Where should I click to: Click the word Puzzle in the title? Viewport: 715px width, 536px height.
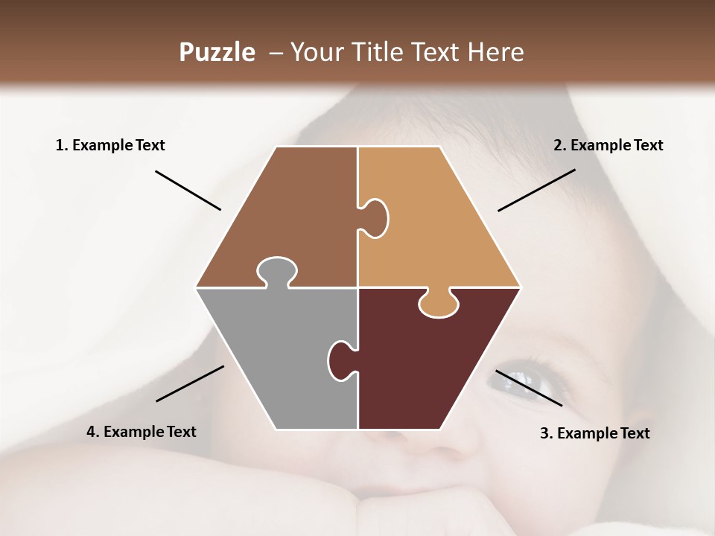tap(217, 52)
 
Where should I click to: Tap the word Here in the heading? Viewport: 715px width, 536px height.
tap(495, 52)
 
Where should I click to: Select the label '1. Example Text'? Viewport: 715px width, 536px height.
tap(110, 145)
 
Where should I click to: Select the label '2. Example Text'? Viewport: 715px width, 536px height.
tap(608, 145)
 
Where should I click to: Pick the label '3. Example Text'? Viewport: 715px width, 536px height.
tap(594, 433)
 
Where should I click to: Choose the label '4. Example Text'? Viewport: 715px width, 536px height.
tap(141, 432)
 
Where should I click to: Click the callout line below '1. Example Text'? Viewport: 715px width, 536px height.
tap(188, 190)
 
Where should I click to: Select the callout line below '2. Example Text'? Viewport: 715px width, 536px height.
tap(536, 190)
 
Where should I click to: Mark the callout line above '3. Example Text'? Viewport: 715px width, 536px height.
tap(529, 387)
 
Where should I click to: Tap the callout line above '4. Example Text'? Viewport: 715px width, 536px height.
tap(190, 383)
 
